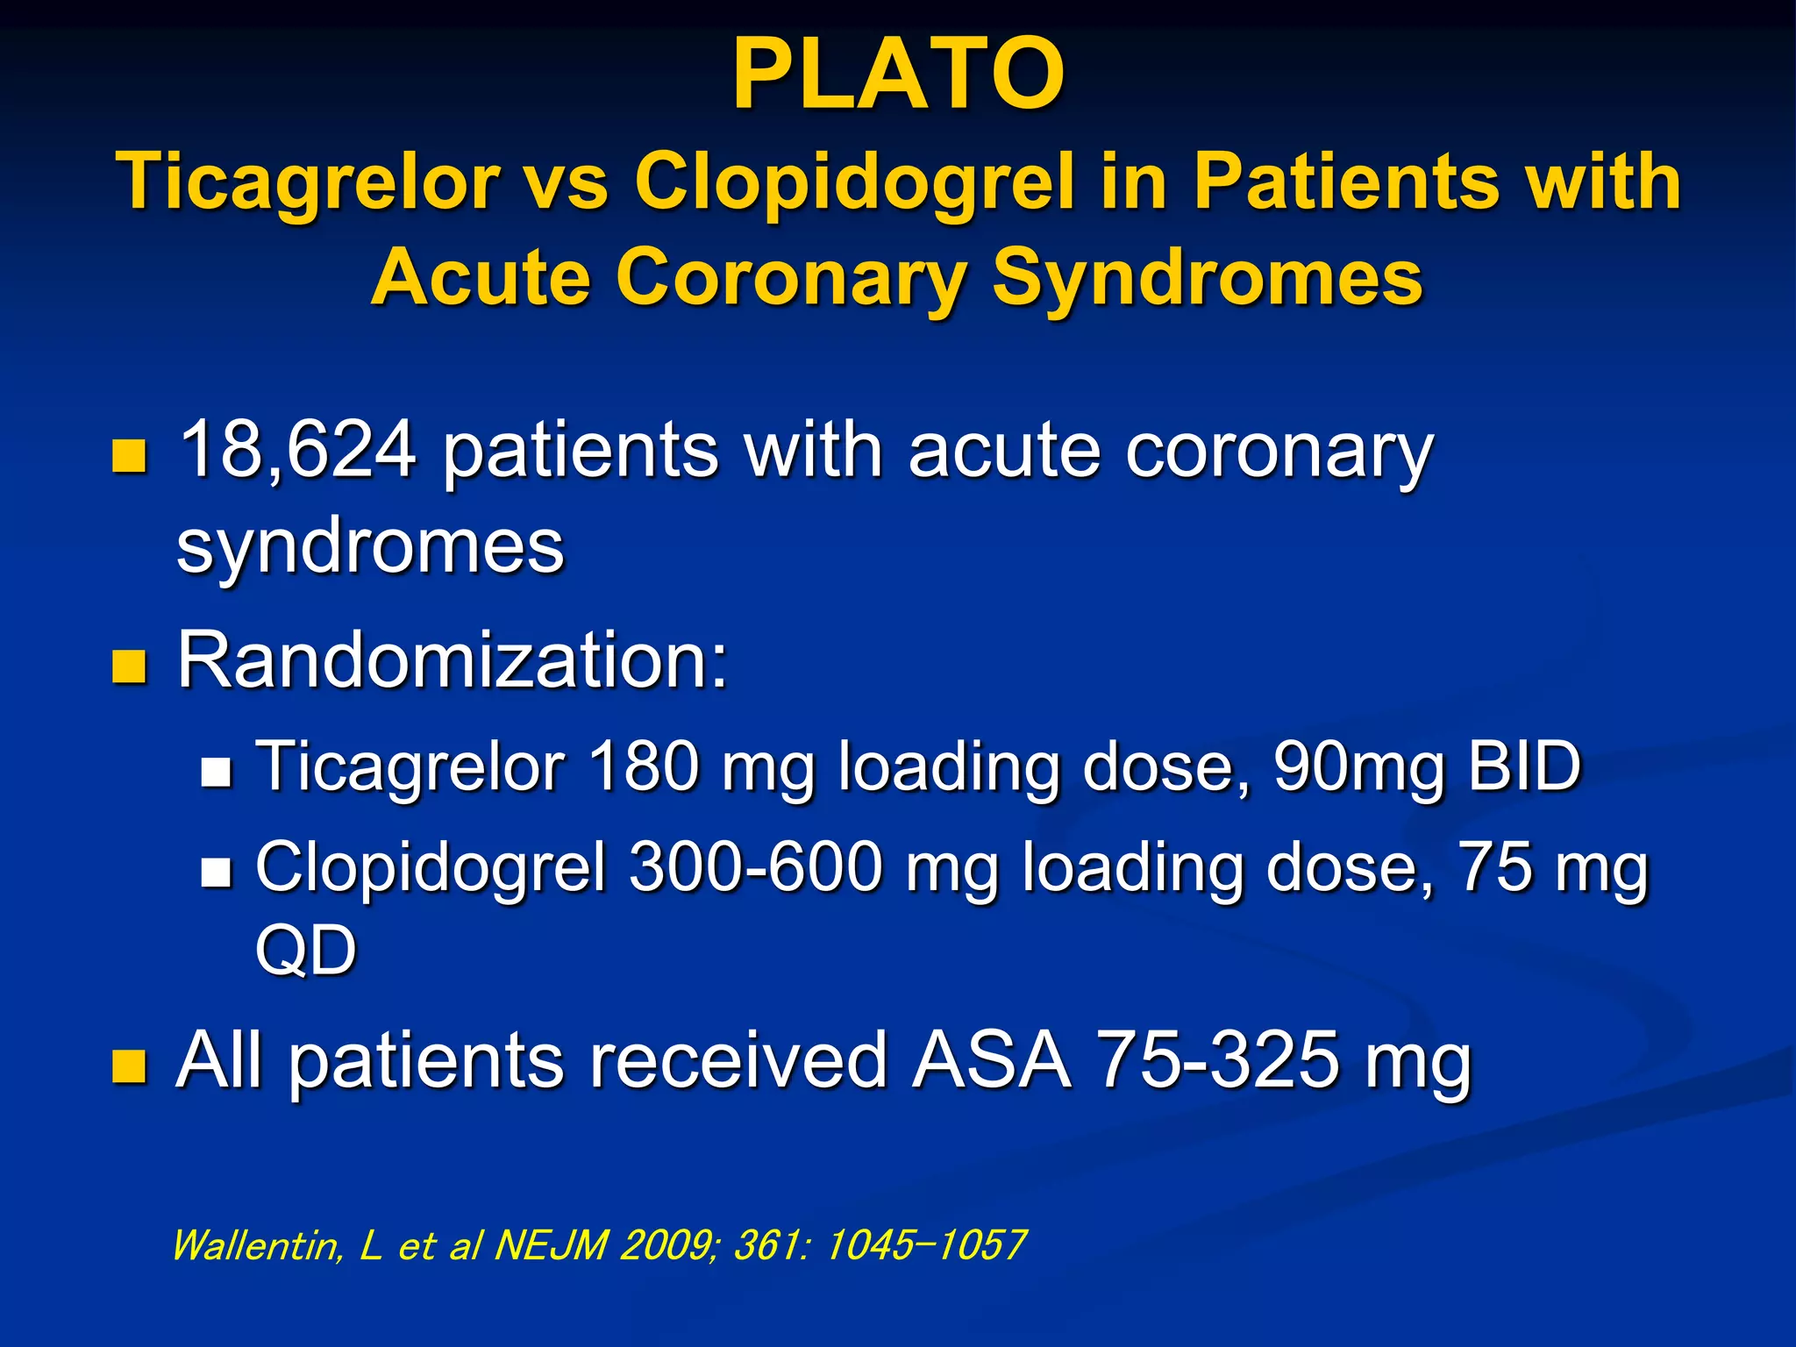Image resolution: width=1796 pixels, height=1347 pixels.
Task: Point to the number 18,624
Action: point(296,450)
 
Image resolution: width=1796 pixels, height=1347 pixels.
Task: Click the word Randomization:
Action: point(453,660)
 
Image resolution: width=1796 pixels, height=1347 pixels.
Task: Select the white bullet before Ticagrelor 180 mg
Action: point(216,772)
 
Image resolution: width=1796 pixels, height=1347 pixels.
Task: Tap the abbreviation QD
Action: point(305,950)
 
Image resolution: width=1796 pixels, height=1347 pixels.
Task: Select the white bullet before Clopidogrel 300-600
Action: point(216,873)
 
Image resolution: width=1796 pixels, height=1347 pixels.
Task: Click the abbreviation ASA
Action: point(992,1060)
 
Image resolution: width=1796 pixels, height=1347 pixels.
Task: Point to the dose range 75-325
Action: point(1219,1060)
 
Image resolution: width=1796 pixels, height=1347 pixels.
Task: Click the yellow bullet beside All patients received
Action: point(129,1066)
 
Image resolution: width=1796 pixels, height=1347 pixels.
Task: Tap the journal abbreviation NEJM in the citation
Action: point(551,1245)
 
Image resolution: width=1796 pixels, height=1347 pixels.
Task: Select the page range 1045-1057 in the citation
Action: point(924,1245)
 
